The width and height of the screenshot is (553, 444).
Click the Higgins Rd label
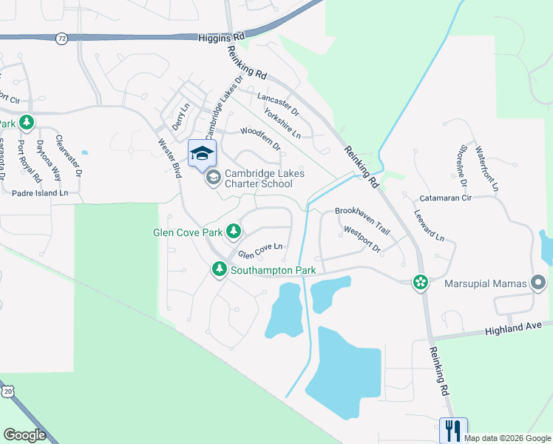[x=221, y=36]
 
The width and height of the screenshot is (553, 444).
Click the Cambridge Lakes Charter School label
[x=264, y=178]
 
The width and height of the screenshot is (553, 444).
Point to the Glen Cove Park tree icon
[x=234, y=232]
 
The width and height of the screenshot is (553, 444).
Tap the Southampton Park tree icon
[x=219, y=270]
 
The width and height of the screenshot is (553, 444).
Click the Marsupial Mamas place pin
[x=538, y=283]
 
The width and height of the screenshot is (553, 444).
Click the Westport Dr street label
[x=362, y=239]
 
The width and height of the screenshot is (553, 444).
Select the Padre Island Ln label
[x=40, y=192]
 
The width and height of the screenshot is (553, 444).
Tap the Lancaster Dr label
[x=277, y=102]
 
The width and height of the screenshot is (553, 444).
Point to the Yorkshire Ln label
[x=282, y=125]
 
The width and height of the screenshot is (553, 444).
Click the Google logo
[x=24, y=435]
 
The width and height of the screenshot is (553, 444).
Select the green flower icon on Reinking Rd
[x=420, y=282]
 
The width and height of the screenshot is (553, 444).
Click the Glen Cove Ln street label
[x=260, y=251]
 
